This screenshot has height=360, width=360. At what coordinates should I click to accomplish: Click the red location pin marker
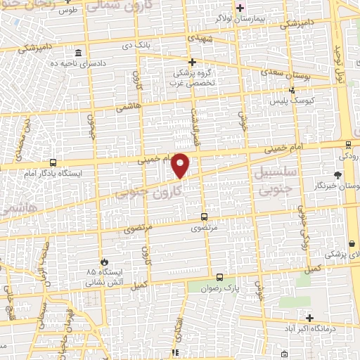(181, 165)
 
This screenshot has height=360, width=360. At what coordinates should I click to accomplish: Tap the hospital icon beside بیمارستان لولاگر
(240, 8)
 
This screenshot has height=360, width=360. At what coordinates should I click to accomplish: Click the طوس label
(66, 11)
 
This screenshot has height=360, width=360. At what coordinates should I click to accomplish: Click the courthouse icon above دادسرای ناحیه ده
(77, 53)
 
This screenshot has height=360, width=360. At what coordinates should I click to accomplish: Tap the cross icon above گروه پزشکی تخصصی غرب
(192, 62)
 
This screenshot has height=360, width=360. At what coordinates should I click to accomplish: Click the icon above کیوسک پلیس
(292, 90)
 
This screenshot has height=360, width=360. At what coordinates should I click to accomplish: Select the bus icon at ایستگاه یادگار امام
(53, 162)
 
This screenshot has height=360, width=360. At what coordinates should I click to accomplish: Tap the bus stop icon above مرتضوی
(205, 217)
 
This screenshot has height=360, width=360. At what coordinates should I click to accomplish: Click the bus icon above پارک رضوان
(219, 277)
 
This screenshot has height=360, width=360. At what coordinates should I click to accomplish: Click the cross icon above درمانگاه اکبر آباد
(309, 318)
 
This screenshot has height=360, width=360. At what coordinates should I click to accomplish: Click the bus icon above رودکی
(349, 139)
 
